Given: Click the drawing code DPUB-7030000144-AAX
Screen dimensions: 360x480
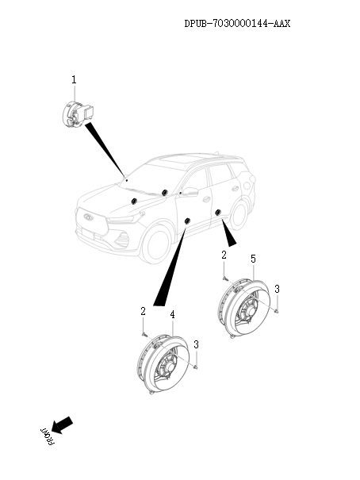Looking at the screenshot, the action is point(237,23).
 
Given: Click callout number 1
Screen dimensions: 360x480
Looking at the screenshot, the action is point(74,80).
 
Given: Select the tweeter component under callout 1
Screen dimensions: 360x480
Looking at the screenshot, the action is point(78,114).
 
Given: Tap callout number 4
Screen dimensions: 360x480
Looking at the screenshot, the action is point(173,314).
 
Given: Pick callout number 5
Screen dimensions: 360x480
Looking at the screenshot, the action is point(253,259).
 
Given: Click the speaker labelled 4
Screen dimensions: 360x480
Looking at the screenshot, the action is point(163,363).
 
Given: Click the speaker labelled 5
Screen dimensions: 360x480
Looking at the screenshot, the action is point(243,308).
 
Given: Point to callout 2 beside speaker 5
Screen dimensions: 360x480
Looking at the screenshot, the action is point(224,255).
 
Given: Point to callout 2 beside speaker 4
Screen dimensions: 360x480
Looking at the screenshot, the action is point(143,311).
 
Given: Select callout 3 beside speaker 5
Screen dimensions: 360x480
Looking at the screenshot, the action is point(277,289).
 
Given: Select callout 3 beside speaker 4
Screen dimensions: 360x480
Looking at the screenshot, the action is point(196,344).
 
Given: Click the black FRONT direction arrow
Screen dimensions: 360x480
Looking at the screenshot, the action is point(62,424).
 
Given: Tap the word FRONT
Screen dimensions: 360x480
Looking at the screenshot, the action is point(47,436).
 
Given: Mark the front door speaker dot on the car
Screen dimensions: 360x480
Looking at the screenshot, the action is point(187,221).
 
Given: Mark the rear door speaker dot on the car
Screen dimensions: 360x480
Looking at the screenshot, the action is point(218,212).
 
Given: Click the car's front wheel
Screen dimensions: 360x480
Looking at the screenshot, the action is point(156,244).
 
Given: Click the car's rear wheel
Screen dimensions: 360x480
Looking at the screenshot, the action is point(239,214).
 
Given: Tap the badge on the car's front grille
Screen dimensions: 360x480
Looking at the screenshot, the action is point(88,217).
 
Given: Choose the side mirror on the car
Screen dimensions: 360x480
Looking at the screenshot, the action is point(190,192).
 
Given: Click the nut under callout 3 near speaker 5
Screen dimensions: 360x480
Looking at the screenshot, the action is point(276,311).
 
